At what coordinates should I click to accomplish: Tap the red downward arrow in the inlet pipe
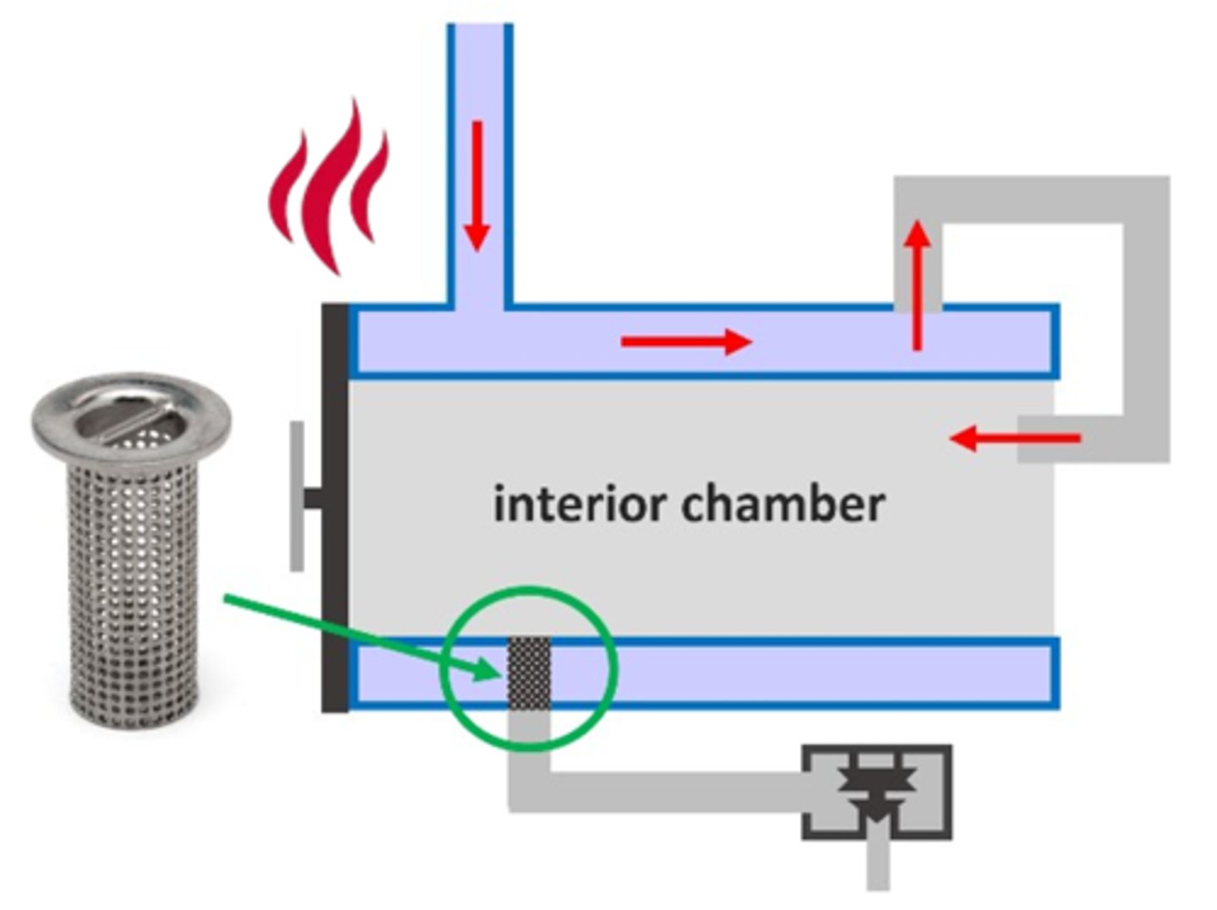click(x=478, y=186)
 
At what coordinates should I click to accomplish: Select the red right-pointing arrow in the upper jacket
click(x=685, y=341)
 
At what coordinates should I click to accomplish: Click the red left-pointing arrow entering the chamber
click(x=1014, y=439)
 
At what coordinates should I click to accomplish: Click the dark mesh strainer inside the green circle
click(x=528, y=673)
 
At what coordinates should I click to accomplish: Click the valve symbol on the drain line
click(x=877, y=792)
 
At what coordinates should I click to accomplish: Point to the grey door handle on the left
click(x=297, y=497)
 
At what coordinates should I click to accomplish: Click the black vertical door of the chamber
click(x=335, y=507)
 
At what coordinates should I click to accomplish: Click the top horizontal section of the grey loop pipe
click(x=1031, y=200)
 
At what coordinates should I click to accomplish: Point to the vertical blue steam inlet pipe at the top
click(x=479, y=84)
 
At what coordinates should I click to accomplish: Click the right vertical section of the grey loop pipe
click(x=1147, y=321)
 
